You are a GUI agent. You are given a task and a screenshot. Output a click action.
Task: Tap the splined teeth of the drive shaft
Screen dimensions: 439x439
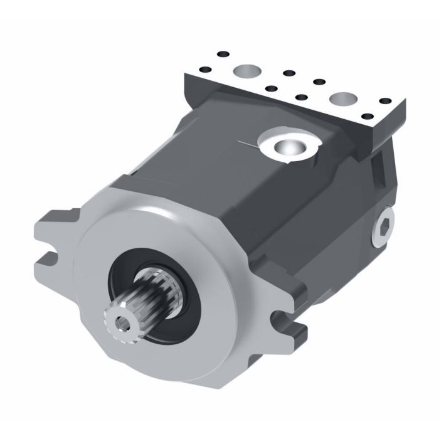(147, 300)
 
